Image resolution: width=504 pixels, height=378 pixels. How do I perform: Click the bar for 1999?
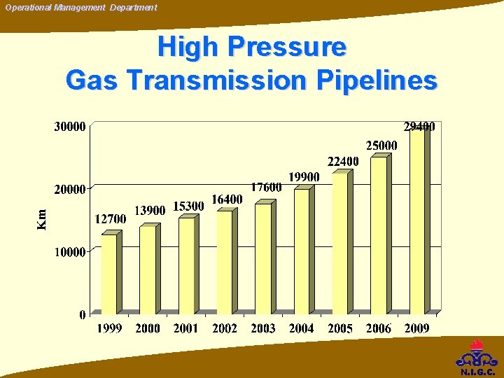[x=109, y=274]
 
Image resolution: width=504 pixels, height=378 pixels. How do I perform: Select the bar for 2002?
[x=224, y=262]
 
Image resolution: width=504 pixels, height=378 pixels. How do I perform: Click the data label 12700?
[x=110, y=219]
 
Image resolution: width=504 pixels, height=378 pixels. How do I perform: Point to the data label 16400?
[x=227, y=199]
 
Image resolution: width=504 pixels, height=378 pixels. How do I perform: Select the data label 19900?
[x=304, y=178]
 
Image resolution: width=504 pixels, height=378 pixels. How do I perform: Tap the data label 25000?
[x=381, y=146]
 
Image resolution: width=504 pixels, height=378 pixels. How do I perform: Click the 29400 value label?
[x=419, y=127]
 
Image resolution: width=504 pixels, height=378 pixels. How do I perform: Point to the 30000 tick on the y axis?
[x=70, y=127]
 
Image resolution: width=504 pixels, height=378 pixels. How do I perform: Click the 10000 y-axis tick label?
[x=70, y=251]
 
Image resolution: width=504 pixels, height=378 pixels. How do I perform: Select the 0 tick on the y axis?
[x=83, y=314]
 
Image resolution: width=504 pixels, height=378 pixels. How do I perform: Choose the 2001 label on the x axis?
[x=186, y=328]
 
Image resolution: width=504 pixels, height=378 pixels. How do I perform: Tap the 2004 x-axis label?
[x=302, y=328]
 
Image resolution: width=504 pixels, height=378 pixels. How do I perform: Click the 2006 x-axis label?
[x=379, y=328]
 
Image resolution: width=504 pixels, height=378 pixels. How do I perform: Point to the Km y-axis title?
[x=42, y=219]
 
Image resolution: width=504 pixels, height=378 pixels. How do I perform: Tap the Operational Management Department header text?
[x=81, y=7]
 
